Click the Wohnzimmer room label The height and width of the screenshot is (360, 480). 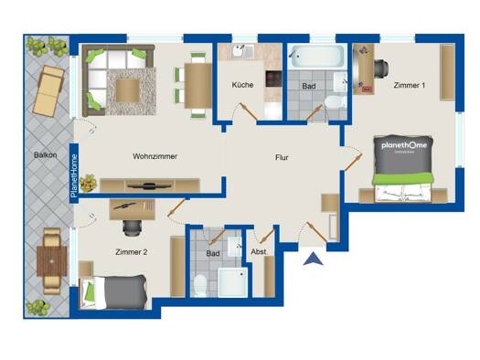tap(155, 156)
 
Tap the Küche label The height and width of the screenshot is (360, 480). tap(242, 85)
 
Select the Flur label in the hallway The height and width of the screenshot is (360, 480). tap(282, 157)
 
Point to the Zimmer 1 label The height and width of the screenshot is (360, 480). tap(410, 85)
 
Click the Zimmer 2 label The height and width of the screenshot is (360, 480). tap(132, 252)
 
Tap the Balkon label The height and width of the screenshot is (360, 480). tap(46, 155)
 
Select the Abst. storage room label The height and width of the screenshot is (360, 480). tap(259, 251)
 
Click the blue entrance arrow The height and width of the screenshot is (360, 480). tap(314, 259)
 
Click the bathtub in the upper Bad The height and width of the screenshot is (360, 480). tap(317, 57)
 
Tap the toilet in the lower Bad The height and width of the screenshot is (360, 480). tap(201, 285)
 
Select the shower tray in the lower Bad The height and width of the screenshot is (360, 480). tap(232, 282)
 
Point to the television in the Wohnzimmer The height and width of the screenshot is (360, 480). tap(149, 185)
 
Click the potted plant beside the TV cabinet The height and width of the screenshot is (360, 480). tap(89, 184)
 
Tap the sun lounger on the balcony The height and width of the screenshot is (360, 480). tap(48, 90)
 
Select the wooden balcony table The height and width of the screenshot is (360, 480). tap(52, 261)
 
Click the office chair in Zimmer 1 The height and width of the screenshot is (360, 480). tap(381, 67)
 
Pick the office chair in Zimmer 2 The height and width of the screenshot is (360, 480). tap(133, 228)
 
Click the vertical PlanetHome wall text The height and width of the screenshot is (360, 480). tap(74, 175)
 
